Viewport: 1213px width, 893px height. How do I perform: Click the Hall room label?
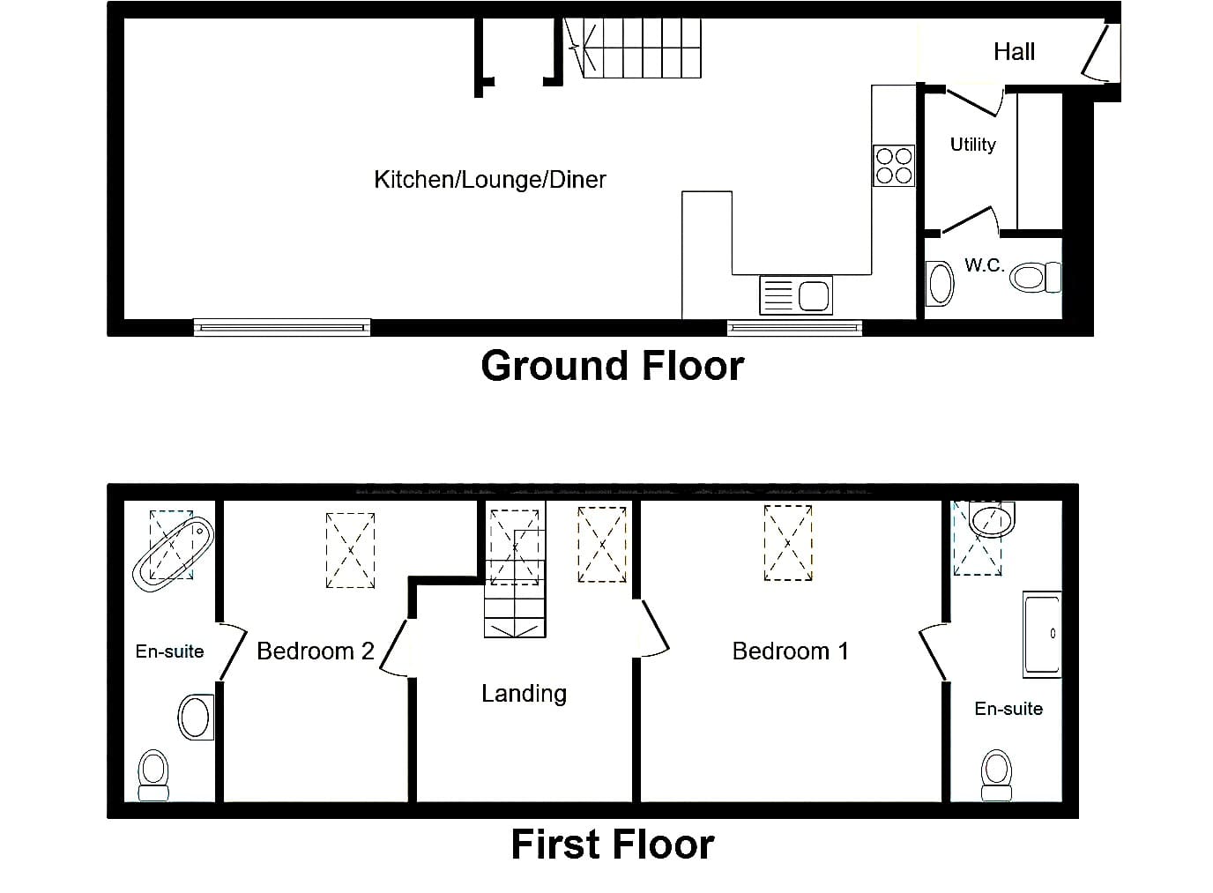[1014, 52]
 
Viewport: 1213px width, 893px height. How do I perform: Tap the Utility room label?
[973, 145]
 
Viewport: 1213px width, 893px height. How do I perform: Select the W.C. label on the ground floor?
[984, 264]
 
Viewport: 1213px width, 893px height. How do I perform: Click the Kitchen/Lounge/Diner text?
[489, 179]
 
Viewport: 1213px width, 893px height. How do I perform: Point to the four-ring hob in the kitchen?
[894, 166]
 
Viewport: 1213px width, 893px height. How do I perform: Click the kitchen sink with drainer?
[796, 295]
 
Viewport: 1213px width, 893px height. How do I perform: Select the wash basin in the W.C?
[940, 283]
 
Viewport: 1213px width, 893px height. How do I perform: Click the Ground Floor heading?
[613, 366]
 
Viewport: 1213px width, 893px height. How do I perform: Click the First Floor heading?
[613, 845]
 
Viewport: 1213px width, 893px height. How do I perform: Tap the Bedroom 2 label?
[316, 651]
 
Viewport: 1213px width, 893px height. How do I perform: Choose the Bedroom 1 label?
[790, 651]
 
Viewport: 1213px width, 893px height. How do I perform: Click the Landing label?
[525, 694]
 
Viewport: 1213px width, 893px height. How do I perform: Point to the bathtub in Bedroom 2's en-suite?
[174, 554]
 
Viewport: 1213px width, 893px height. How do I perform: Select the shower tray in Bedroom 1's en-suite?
[1042, 634]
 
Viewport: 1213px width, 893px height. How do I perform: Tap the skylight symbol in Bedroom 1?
[788, 543]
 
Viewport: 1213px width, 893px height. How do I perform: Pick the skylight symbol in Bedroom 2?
[350, 550]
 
